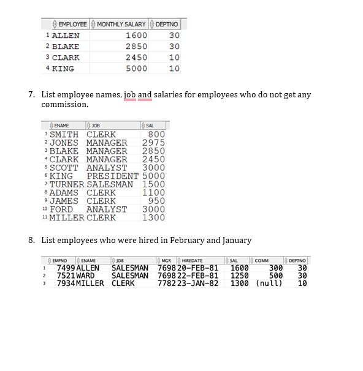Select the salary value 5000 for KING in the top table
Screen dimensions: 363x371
136,69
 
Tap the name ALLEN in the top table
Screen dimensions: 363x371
66,36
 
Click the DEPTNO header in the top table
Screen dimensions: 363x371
169,24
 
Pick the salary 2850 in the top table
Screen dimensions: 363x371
136,47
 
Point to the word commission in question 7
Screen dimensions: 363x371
65,105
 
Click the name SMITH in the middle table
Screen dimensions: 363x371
64,135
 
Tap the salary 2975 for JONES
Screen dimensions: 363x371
153,143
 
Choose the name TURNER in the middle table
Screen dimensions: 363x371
67,184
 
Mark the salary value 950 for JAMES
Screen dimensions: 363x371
157,201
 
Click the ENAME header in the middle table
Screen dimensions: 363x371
61,126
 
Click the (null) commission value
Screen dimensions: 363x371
269,283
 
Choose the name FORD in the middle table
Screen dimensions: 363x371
61,209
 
